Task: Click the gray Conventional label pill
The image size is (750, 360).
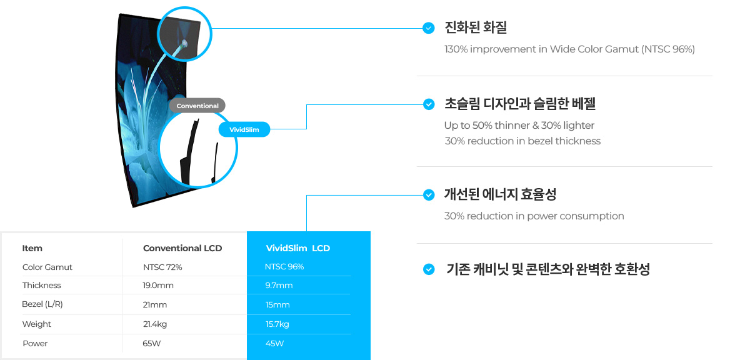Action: click(197, 106)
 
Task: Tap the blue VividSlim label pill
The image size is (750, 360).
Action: click(244, 129)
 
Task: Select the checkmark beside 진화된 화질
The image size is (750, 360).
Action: click(428, 27)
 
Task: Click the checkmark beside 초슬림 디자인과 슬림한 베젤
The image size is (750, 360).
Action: click(428, 104)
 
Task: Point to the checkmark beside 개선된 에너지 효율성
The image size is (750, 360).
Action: click(428, 195)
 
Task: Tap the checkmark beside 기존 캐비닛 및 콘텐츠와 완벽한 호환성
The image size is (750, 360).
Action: click(428, 269)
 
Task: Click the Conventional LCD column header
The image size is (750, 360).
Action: click(182, 248)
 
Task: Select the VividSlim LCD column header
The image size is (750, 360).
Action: click(298, 248)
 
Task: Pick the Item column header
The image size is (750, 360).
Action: click(32, 248)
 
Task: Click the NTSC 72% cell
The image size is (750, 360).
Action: click(162, 267)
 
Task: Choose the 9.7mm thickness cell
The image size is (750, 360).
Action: click(279, 286)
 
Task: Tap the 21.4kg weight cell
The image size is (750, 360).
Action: click(155, 324)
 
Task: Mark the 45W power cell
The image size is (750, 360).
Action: click(275, 343)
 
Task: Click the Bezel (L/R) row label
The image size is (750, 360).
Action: click(42, 304)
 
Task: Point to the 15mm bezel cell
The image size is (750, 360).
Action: click(277, 305)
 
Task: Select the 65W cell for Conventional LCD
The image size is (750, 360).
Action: click(152, 343)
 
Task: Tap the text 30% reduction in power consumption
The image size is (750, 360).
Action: click(534, 216)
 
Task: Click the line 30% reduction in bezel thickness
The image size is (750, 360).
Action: click(522, 141)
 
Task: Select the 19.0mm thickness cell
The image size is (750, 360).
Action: click(158, 286)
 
